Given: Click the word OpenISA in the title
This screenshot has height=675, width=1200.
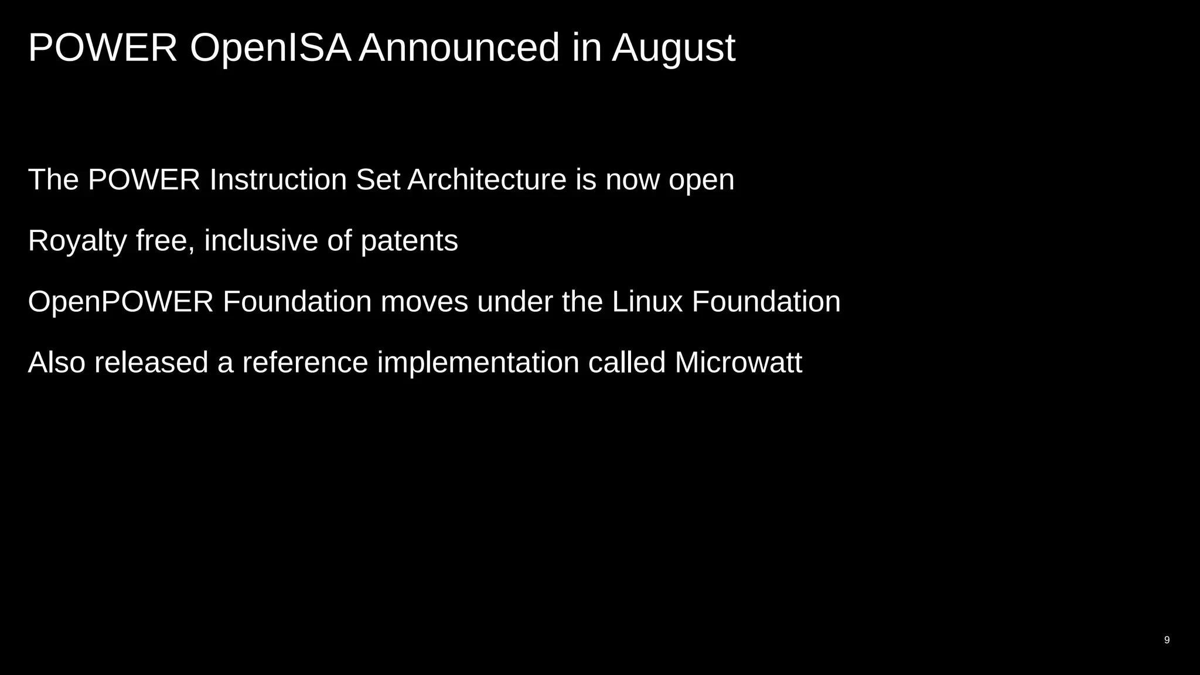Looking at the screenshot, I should click(270, 48).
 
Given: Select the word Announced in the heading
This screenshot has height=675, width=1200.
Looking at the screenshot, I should click(459, 48).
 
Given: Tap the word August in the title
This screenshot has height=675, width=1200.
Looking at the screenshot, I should click(673, 48).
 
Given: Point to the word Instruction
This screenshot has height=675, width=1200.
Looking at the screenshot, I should click(278, 179).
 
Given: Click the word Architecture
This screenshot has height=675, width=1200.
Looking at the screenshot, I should click(487, 179).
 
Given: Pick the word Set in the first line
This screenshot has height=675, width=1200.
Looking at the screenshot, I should click(378, 179).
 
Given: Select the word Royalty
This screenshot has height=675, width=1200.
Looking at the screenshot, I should click(77, 241).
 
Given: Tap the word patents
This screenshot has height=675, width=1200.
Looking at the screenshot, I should click(409, 241).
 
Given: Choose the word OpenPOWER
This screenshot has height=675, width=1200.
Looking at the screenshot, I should click(121, 302).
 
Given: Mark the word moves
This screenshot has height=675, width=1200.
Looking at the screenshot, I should click(424, 302).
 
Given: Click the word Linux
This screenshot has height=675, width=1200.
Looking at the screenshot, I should click(647, 302).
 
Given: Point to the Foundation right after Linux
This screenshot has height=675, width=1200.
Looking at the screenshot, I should click(766, 302).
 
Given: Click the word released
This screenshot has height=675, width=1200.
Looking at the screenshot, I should click(151, 362).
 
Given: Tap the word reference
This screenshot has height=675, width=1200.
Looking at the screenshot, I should click(305, 362).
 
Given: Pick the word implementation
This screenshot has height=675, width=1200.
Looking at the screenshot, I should click(478, 362).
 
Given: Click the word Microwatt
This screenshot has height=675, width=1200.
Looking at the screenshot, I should click(738, 362).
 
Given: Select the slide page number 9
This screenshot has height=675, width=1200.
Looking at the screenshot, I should click(1167, 640).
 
